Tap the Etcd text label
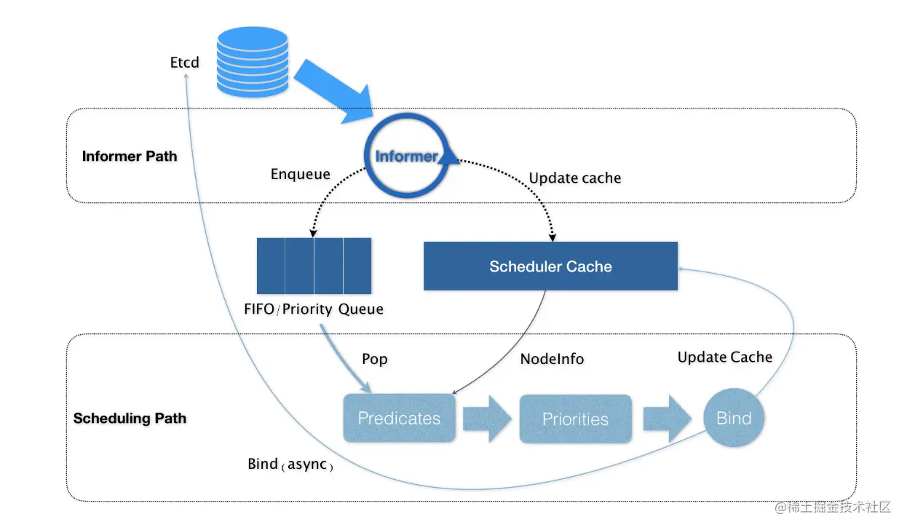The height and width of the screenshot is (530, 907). tap(184, 63)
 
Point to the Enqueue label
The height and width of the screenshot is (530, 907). tap(300, 174)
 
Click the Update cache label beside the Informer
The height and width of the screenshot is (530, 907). tap(574, 178)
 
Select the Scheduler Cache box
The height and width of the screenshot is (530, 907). tap(550, 266)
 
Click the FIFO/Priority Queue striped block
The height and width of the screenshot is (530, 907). tap(314, 265)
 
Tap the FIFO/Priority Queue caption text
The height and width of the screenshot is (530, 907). tap(314, 309)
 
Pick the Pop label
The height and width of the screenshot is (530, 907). tap(375, 359)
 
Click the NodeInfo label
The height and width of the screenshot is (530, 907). tap(552, 359)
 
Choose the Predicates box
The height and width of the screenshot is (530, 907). tap(399, 419)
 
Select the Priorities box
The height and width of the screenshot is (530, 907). tap(575, 419)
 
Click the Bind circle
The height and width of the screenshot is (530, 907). tap(734, 418)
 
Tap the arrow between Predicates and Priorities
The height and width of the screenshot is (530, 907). tap(487, 419)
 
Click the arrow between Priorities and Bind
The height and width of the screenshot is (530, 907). tap(666, 419)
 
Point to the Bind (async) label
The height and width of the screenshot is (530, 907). tap(290, 464)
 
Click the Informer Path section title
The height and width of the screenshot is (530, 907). tap(130, 156)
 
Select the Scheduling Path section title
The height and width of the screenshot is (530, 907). tap(130, 418)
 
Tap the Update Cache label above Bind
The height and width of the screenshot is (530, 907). tap(724, 357)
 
